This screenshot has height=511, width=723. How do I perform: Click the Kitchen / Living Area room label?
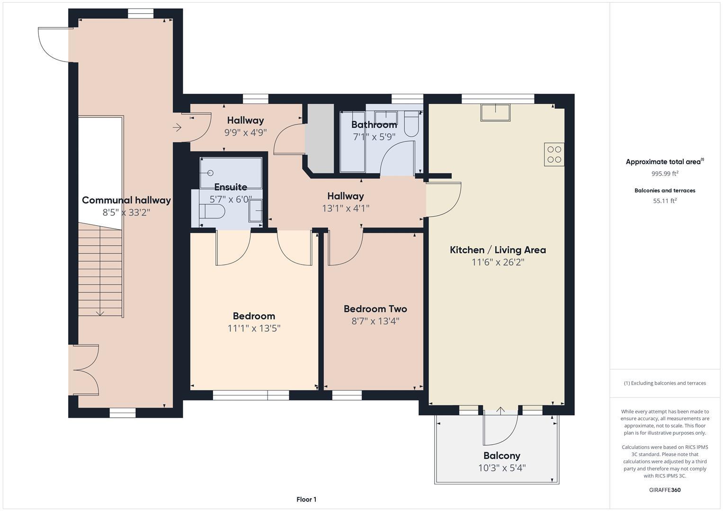point(498,250)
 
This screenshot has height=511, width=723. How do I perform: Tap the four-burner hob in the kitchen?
point(554,154)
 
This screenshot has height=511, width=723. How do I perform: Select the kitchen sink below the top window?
point(495,113)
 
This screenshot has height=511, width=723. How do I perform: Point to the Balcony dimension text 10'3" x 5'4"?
point(501,468)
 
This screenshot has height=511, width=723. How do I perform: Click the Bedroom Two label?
point(375,309)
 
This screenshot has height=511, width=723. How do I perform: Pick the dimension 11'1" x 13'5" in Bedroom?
point(254,328)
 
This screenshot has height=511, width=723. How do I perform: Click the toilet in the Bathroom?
point(411,124)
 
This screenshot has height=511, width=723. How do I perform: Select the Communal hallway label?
point(126,200)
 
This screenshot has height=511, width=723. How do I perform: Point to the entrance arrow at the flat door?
point(177,127)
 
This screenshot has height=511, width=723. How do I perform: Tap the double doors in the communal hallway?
point(85,370)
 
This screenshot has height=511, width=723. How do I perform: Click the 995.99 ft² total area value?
point(664,174)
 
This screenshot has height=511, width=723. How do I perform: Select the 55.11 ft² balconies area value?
point(664,201)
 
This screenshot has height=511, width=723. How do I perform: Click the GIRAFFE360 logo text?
point(664,490)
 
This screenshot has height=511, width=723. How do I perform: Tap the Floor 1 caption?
point(306,499)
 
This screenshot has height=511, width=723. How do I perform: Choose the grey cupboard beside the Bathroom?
point(320,138)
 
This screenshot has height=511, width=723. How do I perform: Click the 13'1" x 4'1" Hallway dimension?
point(346,208)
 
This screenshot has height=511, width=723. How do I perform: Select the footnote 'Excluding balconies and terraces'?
point(664,383)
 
